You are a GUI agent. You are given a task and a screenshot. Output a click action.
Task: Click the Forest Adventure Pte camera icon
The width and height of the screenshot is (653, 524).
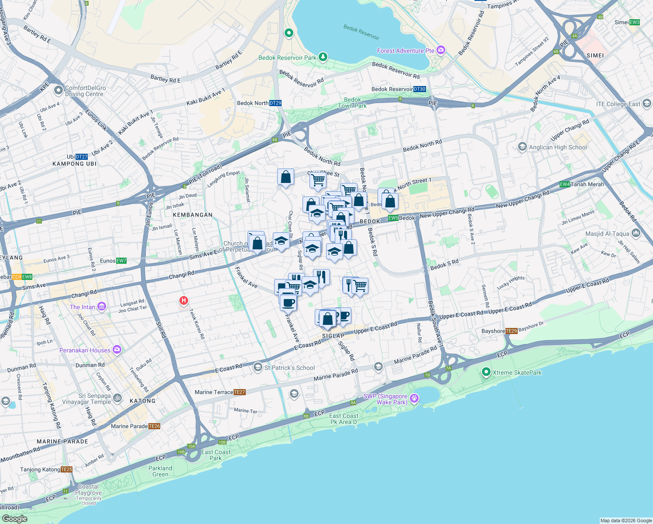[440, 51]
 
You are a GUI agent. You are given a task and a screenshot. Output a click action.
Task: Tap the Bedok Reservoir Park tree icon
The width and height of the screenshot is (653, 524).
[323, 57]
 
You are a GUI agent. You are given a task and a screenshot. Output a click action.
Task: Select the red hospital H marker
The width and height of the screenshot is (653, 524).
[184, 300]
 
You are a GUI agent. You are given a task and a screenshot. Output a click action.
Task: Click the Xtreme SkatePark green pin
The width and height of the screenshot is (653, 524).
[486, 372]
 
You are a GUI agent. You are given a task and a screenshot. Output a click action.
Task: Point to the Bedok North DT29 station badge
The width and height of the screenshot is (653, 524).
[275, 103]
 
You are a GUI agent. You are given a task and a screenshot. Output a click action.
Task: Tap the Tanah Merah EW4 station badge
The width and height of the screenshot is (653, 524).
[565, 184]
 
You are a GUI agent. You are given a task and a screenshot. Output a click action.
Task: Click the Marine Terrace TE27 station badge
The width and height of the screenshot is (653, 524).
[240, 392]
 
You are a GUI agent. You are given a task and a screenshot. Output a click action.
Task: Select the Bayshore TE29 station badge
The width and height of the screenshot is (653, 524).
[511, 331]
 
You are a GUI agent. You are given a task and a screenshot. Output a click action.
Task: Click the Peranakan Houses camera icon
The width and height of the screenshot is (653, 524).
[117, 350]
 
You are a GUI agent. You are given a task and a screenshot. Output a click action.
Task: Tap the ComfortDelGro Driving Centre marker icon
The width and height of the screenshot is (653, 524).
[58, 90]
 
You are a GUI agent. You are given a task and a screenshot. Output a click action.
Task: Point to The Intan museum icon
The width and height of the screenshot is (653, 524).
[101, 307]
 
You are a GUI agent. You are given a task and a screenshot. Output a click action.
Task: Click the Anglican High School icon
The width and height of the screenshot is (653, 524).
[522, 147]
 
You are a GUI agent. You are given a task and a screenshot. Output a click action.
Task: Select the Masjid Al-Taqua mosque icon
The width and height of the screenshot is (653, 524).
[635, 234]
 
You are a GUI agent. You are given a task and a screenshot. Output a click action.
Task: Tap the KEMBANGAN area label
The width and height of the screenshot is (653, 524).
[192, 215]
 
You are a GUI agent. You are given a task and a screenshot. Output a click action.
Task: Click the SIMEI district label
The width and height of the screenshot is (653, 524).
[595, 55]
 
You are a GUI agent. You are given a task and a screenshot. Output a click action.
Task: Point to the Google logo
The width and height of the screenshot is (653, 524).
[14, 518]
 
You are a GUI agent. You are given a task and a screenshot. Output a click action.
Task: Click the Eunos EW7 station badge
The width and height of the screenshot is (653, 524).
[121, 261]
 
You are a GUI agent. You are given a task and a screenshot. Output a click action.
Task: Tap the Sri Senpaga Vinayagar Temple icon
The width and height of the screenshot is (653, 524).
[117, 398]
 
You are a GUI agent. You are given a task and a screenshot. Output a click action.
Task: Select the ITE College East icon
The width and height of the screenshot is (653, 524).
[646, 103]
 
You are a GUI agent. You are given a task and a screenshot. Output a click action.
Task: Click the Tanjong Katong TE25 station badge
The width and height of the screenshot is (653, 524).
[67, 469]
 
